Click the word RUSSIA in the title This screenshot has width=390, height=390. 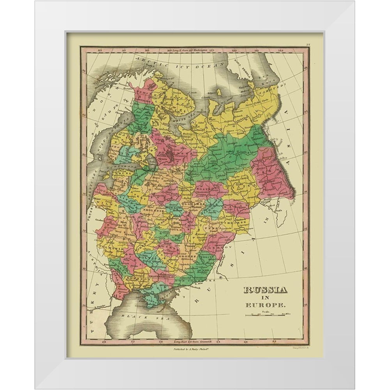[265, 290]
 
